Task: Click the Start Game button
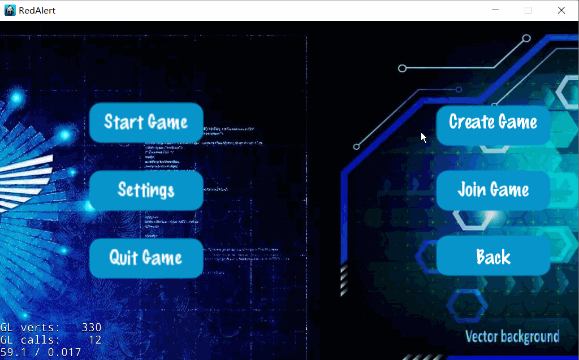click(146, 122)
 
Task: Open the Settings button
click(146, 190)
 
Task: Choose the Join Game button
click(493, 190)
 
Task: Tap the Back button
click(493, 257)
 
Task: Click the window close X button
click(561, 10)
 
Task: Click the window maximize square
click(528, 10)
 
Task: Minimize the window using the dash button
click(495, 10)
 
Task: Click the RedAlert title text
click(37, 10)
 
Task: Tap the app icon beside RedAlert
click(10, 10)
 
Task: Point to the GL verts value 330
click(91, 327)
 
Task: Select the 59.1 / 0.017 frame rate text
click(41, 353)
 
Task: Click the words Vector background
click(512, 337)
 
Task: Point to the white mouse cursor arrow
click(424, 137)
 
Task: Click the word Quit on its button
click(123, 258)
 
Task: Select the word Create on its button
click(470, 122)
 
